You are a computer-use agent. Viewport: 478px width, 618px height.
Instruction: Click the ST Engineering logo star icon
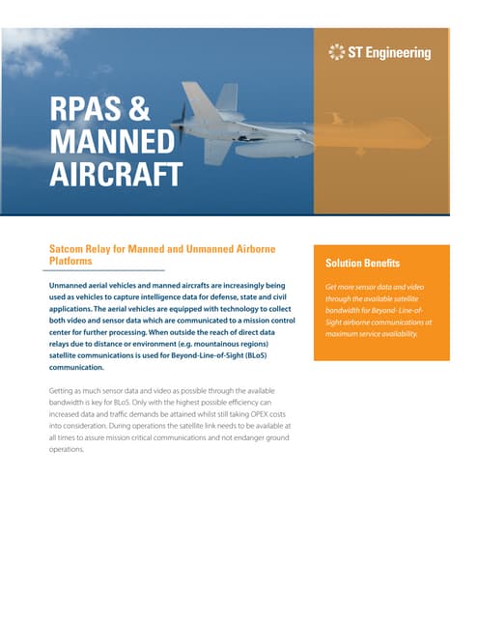tap(337, 52)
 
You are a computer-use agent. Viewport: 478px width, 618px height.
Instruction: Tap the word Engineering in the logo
tap(398, 52)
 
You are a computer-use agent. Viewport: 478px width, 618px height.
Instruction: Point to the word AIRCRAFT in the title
tap(117, 177)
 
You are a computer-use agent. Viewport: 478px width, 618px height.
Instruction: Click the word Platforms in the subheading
tap(70, 261)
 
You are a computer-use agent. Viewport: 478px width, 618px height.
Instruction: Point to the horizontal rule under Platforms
tap(106, 269)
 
